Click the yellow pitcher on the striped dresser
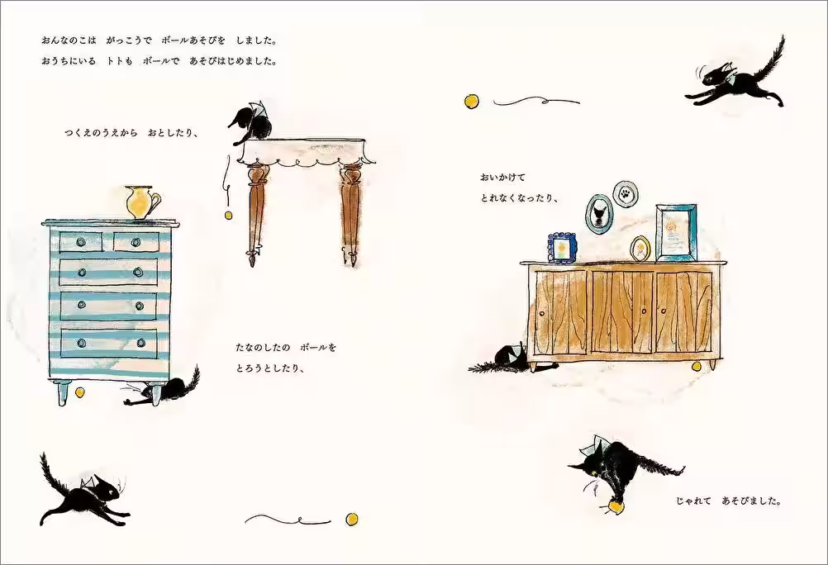pyautogui.click(x=142, y=203)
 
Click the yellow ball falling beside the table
pyautogui.click(x=229, y=216)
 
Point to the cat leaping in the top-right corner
pyautogui.click(x=738, y=81)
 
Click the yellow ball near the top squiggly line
pyautogui.click(x=471, y=101)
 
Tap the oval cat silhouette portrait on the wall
pyautogui.click(x=597, y=212)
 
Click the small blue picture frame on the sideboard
pyautogui.click(x=562, y=247)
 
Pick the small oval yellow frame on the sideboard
pyautogui.click(x=640, y=248)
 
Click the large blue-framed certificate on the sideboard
pyautogui.click(x=676, y=232)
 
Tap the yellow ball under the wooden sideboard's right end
pyautogui.click(x=696, y=365)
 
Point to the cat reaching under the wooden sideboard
pyautogui.click(x=504, y=360)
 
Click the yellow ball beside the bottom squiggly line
pyautogui.click(x=352, y=519)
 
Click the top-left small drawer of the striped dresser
pyautogui.click(x=81, y=241)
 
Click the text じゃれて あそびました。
pyautogui.click(x=728, y=501)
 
